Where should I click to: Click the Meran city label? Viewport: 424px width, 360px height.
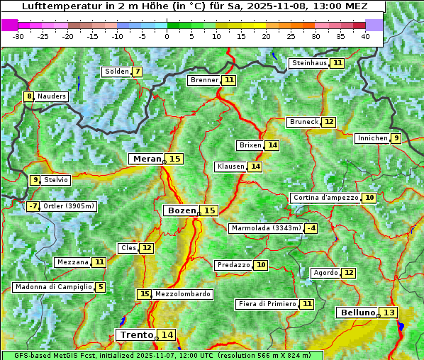[146, 159]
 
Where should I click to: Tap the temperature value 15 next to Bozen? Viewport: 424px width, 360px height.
[209, 210]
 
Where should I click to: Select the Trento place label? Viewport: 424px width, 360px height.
[136, 334]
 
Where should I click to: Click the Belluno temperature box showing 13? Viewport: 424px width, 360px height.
[389, 313]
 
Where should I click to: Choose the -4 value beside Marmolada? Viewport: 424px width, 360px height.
[311, 228]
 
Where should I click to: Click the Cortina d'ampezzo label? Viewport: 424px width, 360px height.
[325, 198]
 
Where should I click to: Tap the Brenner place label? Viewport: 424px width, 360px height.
[204, 80]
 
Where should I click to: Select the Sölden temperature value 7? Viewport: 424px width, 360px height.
[137, 72]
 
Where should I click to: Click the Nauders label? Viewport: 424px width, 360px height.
[51, 96]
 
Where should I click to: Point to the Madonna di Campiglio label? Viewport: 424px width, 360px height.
[53, 287]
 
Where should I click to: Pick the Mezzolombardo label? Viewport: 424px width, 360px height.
[182, 294]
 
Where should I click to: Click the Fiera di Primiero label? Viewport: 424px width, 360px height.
[267, 304]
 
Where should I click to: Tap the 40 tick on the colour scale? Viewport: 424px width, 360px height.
[365, 36]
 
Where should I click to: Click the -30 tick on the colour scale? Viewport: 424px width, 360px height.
[18, 36]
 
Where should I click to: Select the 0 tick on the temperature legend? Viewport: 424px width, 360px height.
[167, 36]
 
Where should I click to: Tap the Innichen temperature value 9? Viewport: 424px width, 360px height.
[396, 138]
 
